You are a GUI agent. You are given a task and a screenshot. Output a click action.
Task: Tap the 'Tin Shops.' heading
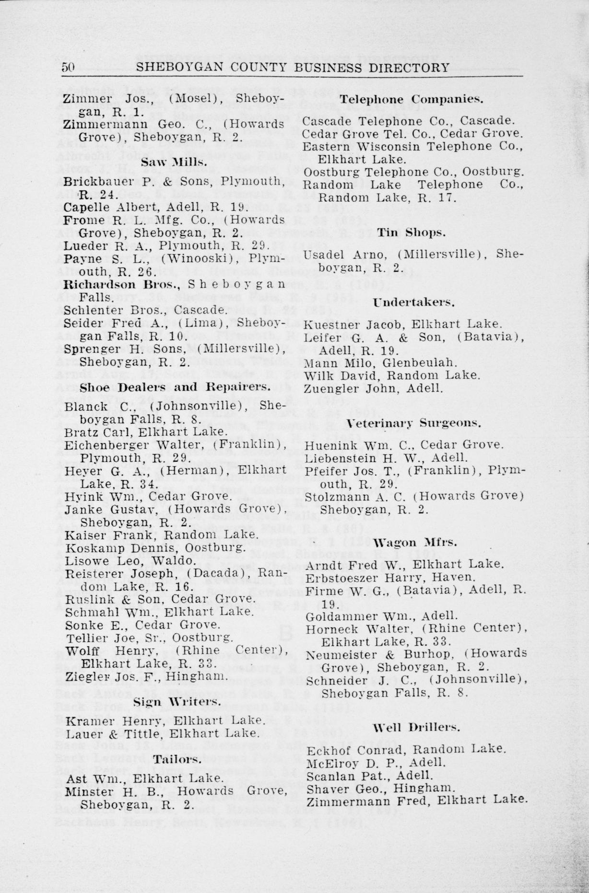coord(412,232)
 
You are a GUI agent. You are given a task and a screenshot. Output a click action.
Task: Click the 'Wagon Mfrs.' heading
coord(415,543)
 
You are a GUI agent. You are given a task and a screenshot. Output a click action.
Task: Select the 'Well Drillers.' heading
coord(415,727)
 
